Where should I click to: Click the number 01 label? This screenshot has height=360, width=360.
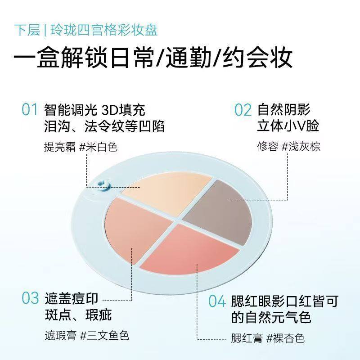click(30, 110)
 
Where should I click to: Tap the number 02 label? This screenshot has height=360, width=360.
click(243, 110)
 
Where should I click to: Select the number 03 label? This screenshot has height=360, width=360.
click(31, 298)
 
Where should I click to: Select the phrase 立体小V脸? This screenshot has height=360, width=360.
click(288, 126)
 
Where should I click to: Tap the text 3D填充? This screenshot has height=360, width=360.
click(127, 110)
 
